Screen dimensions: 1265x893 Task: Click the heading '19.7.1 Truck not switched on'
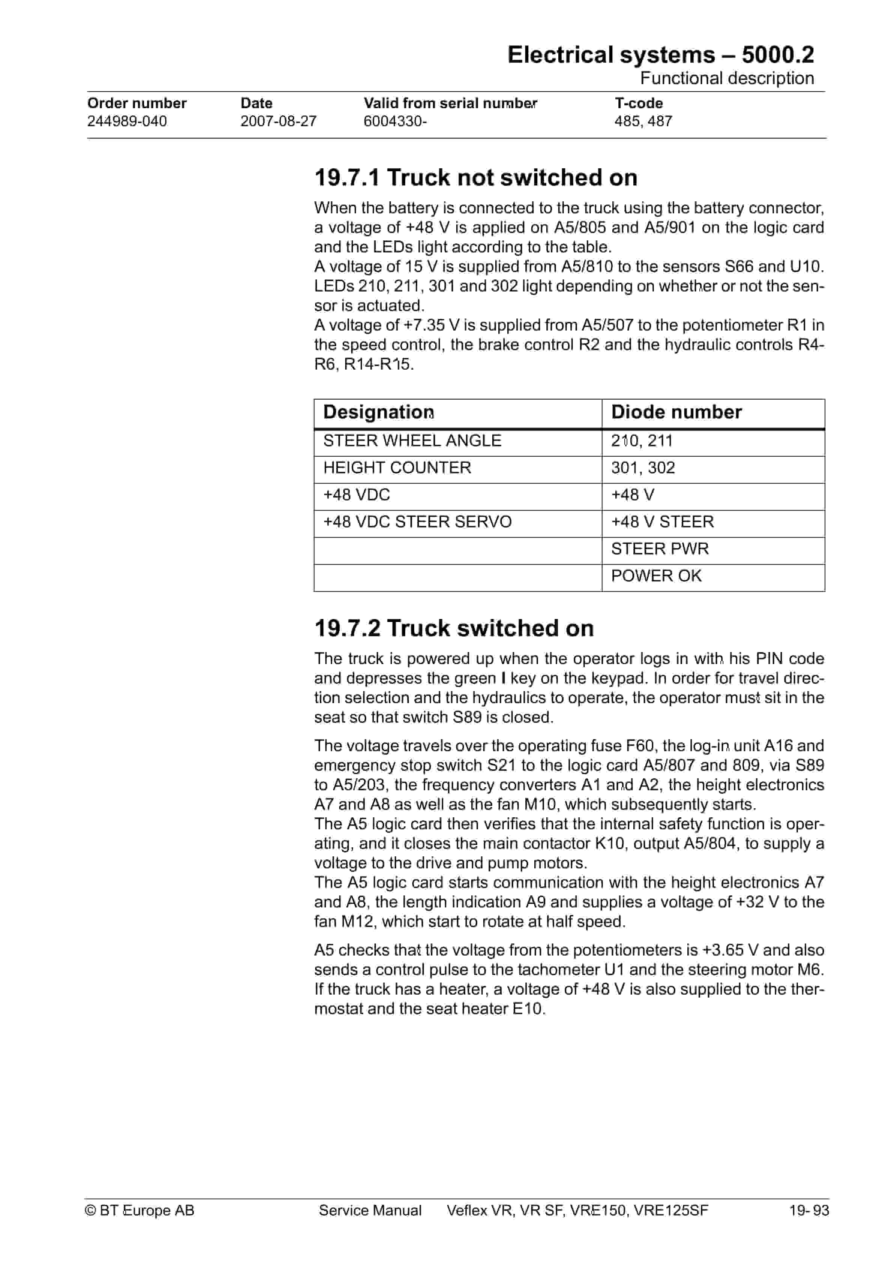[x=476, y=178]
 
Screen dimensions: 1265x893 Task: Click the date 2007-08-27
[x=278, y=121]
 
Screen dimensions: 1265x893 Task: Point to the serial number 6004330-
[x=395, y=121]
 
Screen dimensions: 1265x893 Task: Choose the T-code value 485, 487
[x=643, y=121]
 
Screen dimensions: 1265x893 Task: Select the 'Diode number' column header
[x=676, y=412]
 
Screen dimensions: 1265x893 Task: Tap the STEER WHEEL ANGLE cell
[x=412, y=441]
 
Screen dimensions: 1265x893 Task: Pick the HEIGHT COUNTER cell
[x=397, y=468]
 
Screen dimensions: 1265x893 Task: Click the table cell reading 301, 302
[x=642, y=468]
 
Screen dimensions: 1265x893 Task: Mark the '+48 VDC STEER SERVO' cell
[x=417, y=522]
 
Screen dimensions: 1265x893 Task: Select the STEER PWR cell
[x=660, y=549]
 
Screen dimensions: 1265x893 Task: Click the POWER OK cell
[x=656, y=576]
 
